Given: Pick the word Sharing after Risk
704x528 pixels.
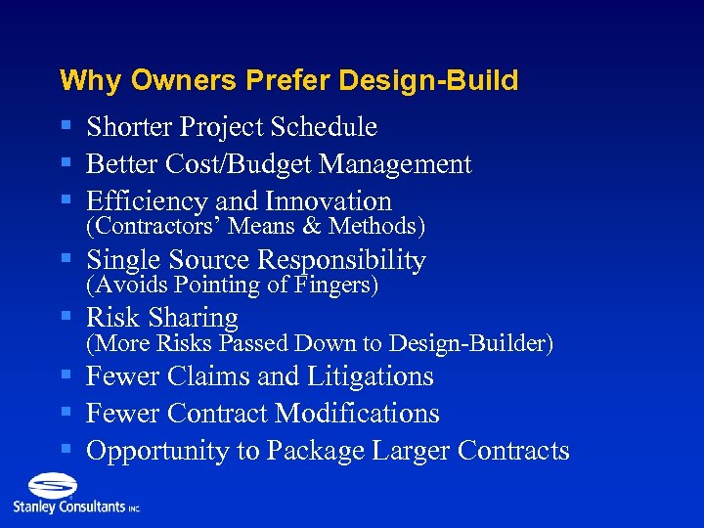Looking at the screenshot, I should click(192, 318).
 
